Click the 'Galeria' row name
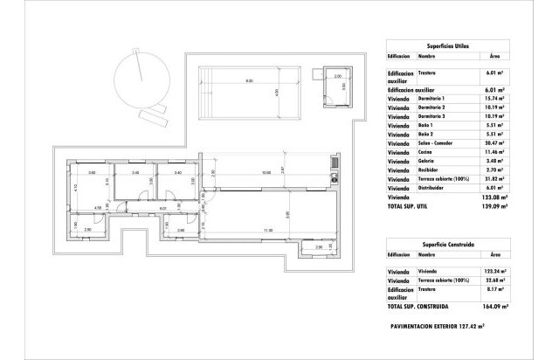pyautogui.click(x=426, y=162)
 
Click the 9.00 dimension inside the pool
pyautogui.click(x=249, y=82)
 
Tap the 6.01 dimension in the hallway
pyautogui.click(x=163, y=210)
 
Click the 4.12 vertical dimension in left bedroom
pyautogui.click(x=77, y=186)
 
